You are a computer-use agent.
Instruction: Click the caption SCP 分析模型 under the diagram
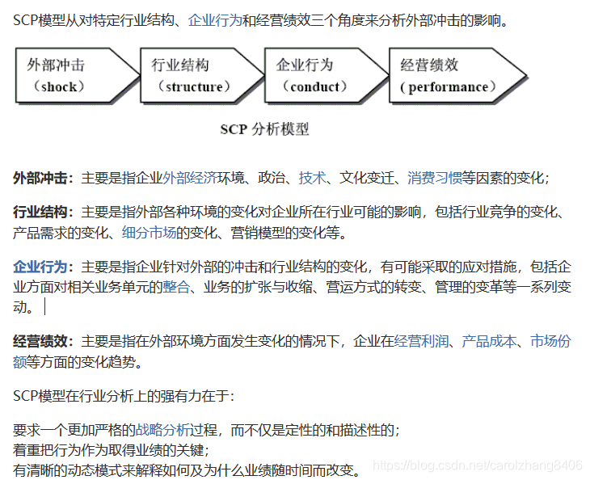pos(264,128)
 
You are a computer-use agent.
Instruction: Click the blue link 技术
pos(312,178)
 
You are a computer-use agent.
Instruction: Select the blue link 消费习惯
pos(435,178)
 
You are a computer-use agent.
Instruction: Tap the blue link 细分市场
pos(150,234)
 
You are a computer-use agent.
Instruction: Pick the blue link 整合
pos(176,287)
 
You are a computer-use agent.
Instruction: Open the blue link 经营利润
pos(421,342)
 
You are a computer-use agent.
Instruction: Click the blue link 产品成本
pos(489,342)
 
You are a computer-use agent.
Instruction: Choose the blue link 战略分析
pos(163,430)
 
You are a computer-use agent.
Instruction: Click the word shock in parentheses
pos(58,86)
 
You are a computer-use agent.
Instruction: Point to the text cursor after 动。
pos(45,307)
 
